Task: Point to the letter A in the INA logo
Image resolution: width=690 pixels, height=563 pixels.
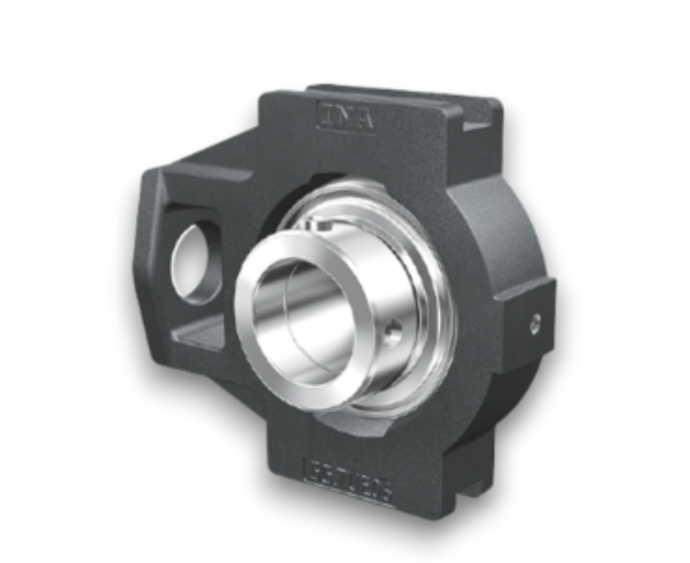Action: pyautogui.click(x=364, y=120)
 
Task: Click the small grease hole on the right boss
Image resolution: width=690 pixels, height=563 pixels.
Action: pyautogui.click(x=535, y=323)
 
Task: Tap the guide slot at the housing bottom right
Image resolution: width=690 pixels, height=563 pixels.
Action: pyautogui.click(x=470, y=473)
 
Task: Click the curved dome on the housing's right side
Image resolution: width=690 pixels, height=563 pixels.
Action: pyautogui.click(x=505, y=236)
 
